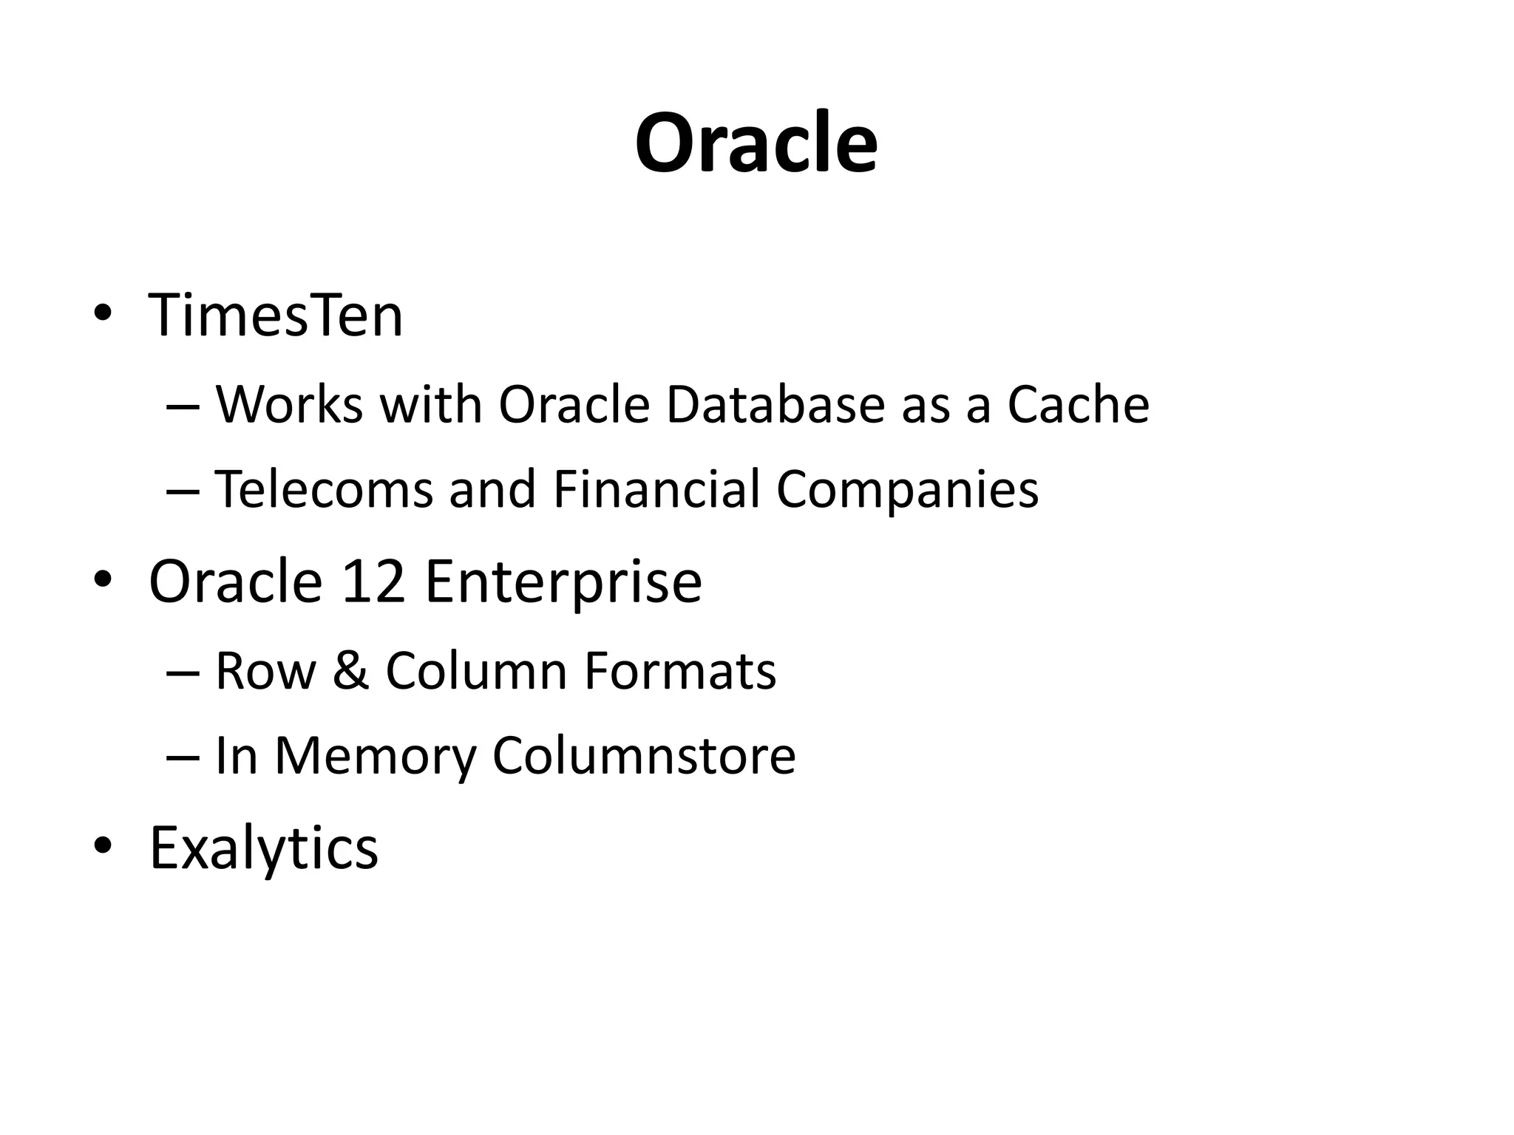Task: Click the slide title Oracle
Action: tap(756, 143)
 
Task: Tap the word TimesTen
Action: tap(276, 316)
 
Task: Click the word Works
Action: tap(289, 405)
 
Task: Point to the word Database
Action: tap(775, 405)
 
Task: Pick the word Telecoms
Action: tap(323, 489)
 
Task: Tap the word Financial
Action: tap(656, 489)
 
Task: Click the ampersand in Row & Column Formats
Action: tap(350, 671)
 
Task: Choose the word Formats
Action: tap(680, 671)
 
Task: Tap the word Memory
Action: tap(376, 757)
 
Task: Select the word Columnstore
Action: tap(644, 755)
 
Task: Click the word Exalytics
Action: tap(264, 848)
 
